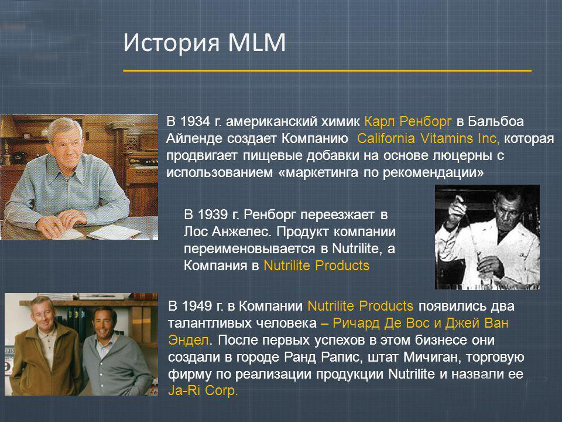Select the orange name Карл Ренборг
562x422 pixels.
[x=408, y=122]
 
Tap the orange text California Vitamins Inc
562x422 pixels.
[x=428, y=138]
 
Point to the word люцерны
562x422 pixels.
[x=462, y=156]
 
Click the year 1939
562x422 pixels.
[x=213, y=215]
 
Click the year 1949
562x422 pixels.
[x=197, y=307]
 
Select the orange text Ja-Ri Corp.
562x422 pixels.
[x=203, y=390]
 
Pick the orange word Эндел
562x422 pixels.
[x=189, y=340]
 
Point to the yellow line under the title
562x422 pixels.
[x=327, y=71]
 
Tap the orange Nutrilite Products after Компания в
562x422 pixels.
[x=317, y=266]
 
